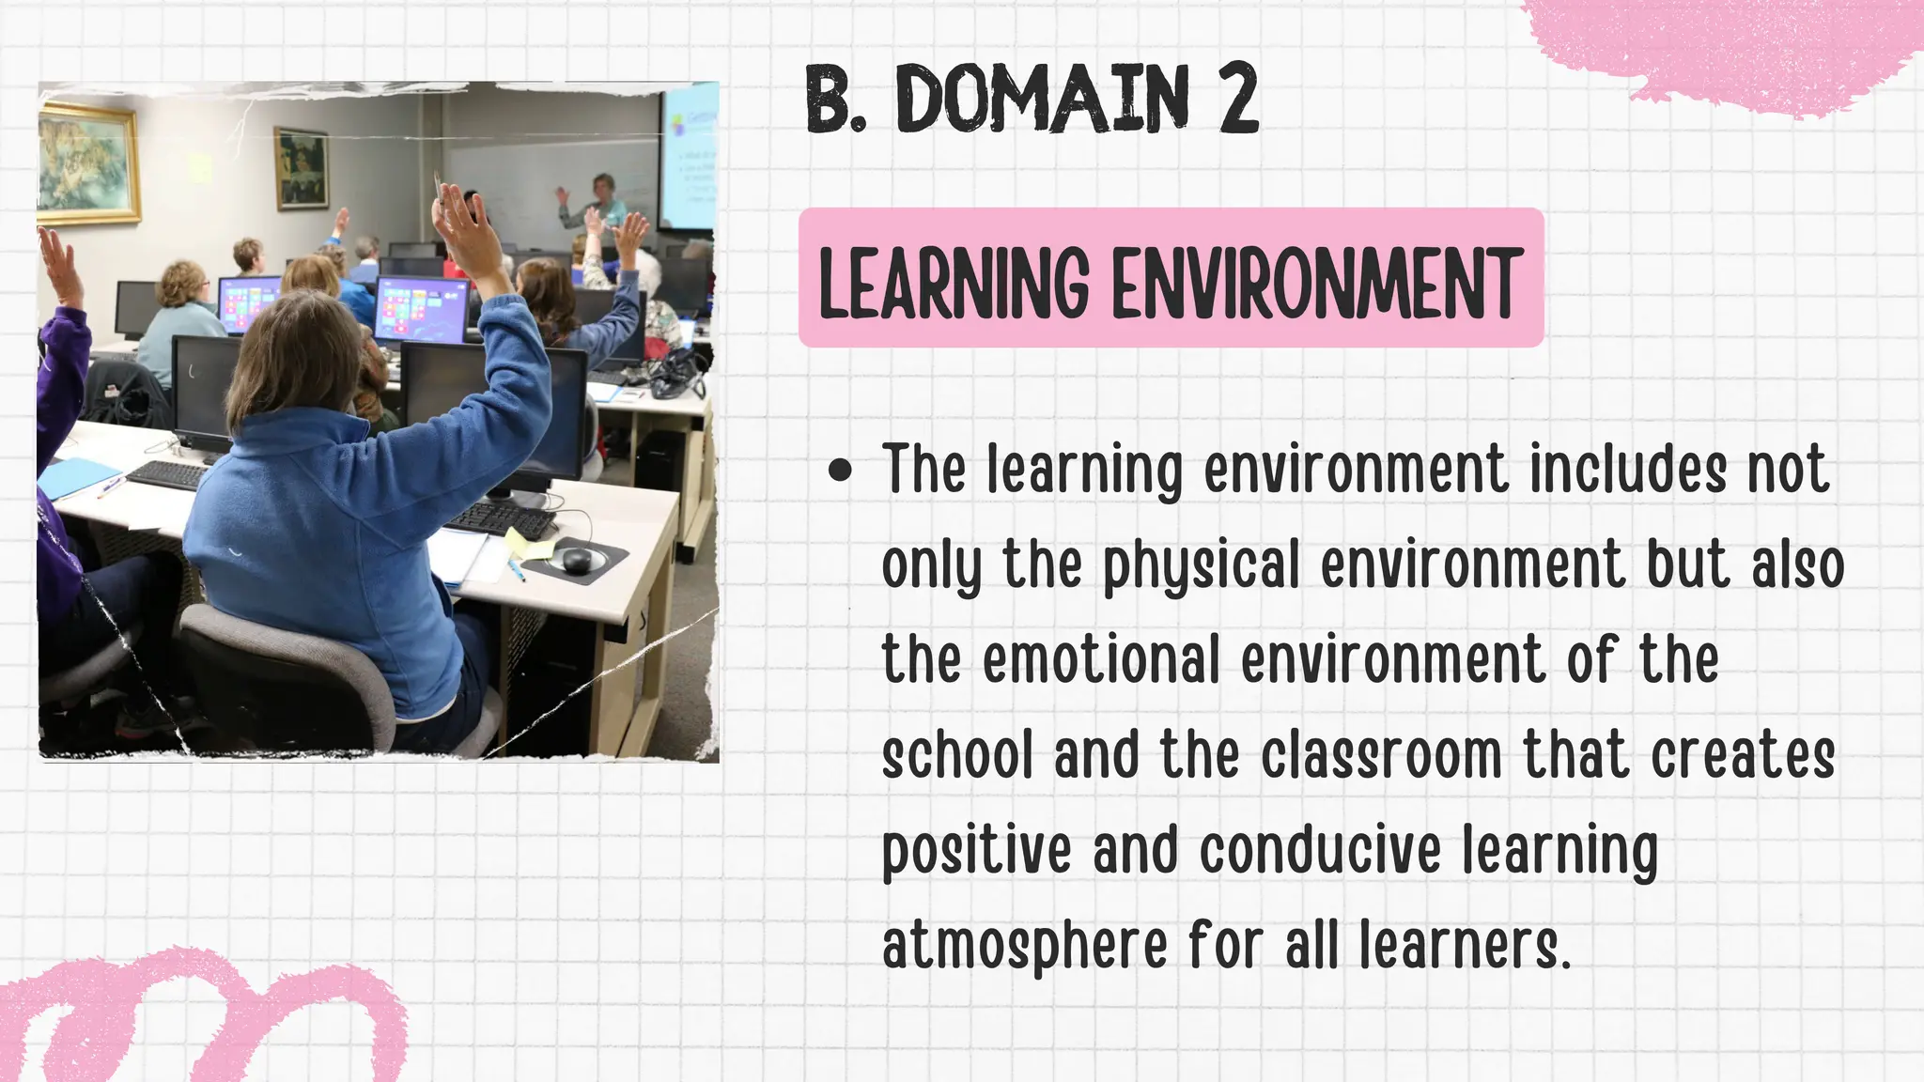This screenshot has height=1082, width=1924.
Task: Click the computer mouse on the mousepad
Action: click(576, 560)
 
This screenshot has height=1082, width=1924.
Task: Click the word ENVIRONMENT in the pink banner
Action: click(1315, 282)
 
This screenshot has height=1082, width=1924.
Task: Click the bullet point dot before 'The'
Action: click(841, 471)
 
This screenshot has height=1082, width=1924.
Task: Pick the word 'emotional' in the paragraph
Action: click(1100, 660)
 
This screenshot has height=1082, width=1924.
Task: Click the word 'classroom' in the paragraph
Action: click(1381, 756)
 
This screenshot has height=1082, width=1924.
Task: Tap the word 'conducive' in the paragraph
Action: click(1320, 850)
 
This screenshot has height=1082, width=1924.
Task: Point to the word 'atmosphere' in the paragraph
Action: click(1025, 946)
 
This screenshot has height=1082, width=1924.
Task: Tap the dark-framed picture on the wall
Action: click(303, 168)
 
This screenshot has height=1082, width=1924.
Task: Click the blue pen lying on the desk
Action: click(516, 566)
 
